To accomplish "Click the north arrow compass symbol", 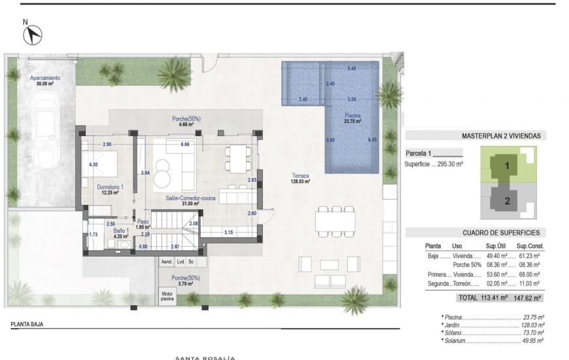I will (32, 35).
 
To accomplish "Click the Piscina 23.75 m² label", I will (353, 118).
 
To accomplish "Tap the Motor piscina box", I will (167, 296).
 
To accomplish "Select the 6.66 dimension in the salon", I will (185, 144).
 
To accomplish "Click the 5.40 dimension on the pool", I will (352, 69).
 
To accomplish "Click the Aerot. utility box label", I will (167, 262).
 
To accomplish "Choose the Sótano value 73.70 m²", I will (533, 333).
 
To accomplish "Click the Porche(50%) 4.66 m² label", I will (186, 120).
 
